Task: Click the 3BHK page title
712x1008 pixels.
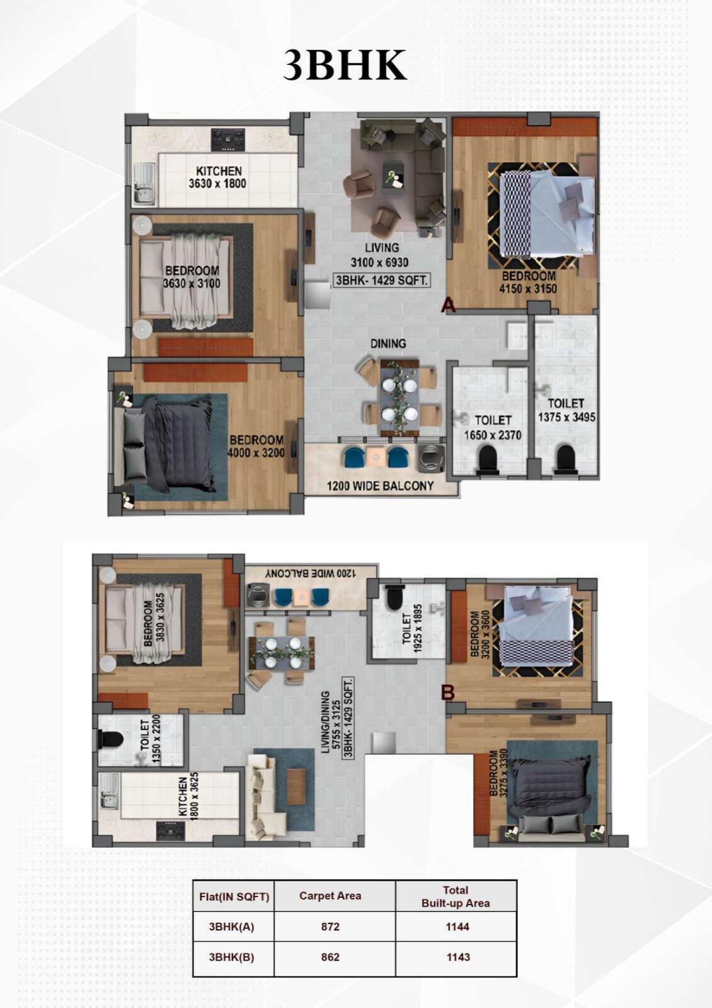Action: pos(345,66)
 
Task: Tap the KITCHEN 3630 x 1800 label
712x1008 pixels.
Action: pos(218,177)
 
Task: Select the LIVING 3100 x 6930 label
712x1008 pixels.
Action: pos(382,255)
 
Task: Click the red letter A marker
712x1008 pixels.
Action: pos(448,306)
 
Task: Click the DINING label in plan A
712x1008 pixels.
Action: pos(388,344)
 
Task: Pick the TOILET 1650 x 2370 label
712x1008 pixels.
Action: pos(493,428)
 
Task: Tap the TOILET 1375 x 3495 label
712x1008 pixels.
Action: pos(566,410)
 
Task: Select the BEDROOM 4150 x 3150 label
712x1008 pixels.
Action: pos(529,282)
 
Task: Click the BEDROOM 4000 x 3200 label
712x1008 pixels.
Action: pos(256,446)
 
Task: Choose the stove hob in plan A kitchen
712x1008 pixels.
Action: pos(229,139)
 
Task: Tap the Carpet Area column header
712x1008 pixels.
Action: pos(330,895)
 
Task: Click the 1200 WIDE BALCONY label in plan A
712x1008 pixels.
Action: pos(381,486)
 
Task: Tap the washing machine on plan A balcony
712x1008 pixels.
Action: pos(431,457)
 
